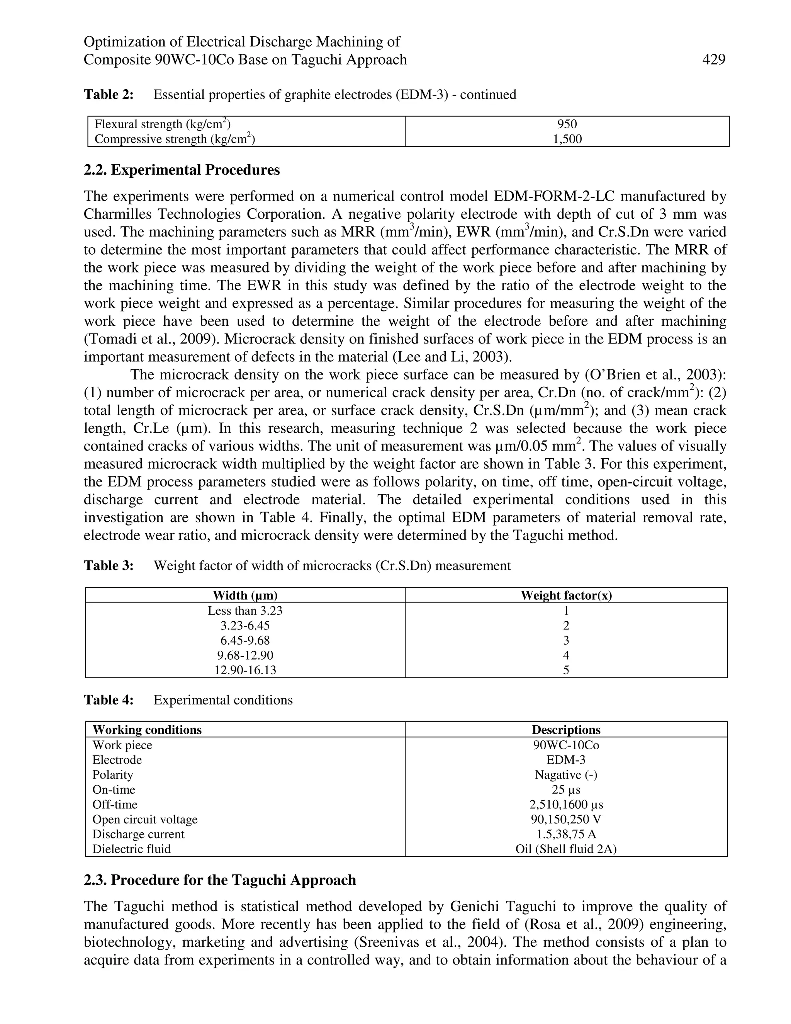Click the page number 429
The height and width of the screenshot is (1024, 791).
point(714,60)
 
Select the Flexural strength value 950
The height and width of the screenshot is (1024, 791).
point(567,124)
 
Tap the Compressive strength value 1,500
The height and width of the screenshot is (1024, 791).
point(567,139)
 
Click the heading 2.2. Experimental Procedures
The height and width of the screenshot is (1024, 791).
point(182,170)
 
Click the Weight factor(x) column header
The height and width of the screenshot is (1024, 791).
point(566,595)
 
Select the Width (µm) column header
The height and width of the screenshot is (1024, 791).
point(245,595)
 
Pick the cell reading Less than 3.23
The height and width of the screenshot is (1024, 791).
point(245,611)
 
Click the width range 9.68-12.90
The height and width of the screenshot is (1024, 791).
point(245,655)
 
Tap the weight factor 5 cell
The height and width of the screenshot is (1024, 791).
point(566,670)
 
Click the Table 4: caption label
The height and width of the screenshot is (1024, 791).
point(109,700)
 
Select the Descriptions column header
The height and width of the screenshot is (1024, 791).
point(566,730)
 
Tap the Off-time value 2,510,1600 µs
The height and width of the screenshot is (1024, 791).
point(566,805)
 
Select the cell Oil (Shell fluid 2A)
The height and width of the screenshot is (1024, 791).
point(566,849)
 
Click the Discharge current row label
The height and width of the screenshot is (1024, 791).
point(138,834)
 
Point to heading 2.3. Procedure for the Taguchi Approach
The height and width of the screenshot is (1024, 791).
point(220,880)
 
